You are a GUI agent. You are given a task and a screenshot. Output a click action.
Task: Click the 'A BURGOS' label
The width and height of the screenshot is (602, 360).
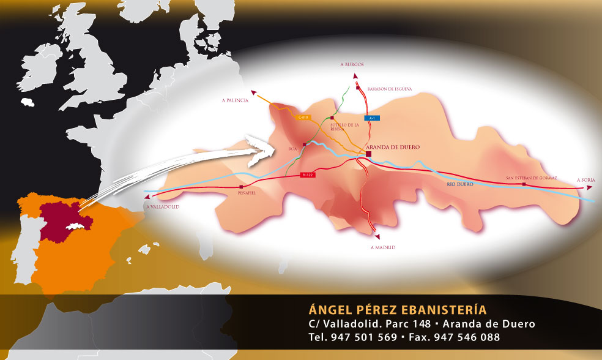pos(352,64)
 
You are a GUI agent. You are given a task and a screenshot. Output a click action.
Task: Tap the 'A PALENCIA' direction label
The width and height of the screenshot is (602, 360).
pos(235,100)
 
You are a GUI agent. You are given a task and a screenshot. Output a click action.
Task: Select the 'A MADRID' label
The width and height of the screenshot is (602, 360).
pos(383,247)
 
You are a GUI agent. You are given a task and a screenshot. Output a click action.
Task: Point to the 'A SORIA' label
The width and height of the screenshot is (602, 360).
pos(586,180)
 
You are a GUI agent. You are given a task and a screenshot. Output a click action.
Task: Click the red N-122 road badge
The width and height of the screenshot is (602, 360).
pos(309,174)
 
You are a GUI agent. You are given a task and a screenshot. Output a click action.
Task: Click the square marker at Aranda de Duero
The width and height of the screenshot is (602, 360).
pos(368,155)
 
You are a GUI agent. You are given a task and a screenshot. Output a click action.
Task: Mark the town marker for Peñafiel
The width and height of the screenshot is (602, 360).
pos(242,186)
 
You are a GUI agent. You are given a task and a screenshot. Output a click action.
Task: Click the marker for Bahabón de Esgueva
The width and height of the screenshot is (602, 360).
pos(358,88)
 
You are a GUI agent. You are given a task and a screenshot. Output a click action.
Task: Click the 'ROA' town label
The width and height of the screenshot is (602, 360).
pos(292,149)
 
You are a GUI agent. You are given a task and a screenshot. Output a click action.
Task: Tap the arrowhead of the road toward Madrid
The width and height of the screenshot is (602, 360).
pos(377,235)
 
